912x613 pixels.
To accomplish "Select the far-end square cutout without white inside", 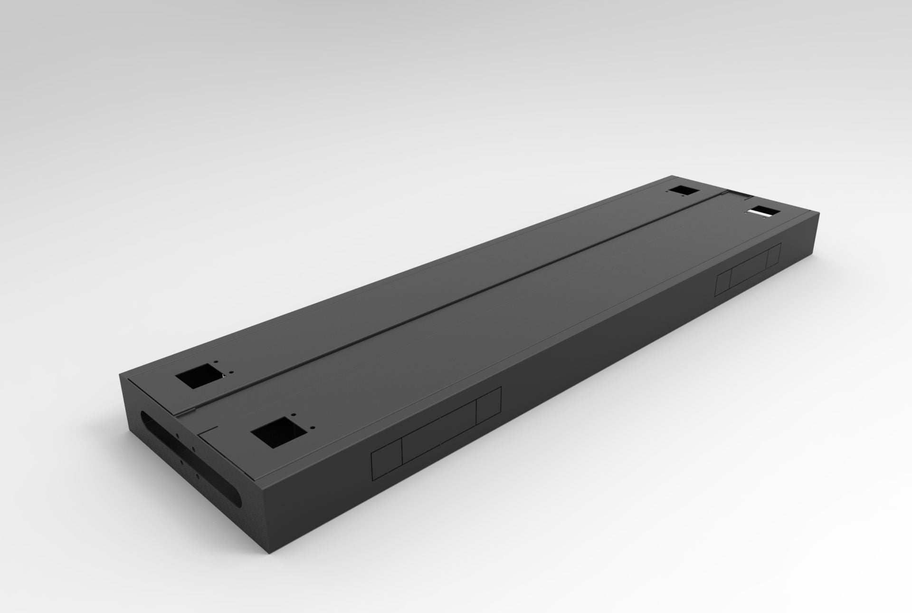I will (x=684, y=190).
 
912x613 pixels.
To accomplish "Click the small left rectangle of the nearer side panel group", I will (x=386, y=465).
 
